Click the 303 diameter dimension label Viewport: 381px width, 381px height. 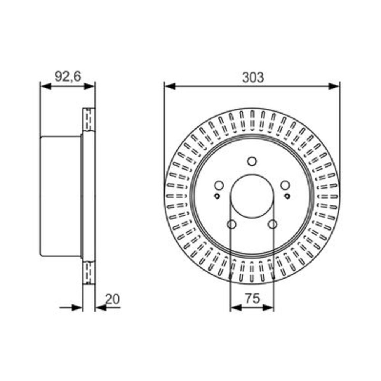click(x=253, y=77)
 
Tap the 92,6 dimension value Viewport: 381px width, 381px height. click(x=67, y=77)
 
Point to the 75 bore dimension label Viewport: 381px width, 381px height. click(x=253, y=298)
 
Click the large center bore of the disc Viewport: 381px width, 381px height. click(x=252, y=196)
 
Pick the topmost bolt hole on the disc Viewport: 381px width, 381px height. click(x=252, y=161)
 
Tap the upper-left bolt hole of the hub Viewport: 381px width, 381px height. click(x=219, y=186)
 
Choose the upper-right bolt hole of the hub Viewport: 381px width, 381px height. click(x=285, y=186)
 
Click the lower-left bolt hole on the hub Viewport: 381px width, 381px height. click(x=232, y=224)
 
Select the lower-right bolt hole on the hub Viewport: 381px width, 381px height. click(x=273, y=224)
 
